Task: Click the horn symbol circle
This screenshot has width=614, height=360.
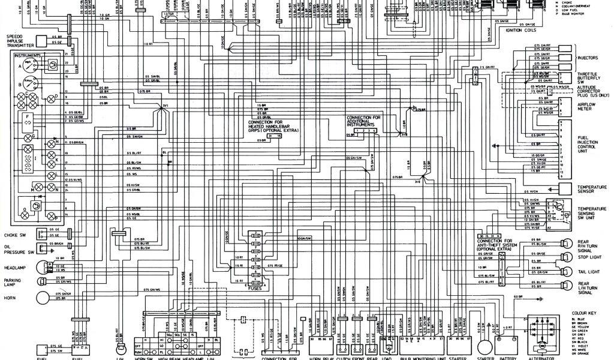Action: point(44,298)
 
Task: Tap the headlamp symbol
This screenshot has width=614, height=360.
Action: point(43,268)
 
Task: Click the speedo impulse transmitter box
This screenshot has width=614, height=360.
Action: point(42,41)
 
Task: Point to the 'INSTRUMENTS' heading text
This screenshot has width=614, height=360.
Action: point(28,55)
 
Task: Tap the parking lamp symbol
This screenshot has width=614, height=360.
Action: point(42,281)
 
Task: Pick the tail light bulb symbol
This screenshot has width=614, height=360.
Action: point(565,271)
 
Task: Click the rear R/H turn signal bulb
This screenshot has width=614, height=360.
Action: point(565,242)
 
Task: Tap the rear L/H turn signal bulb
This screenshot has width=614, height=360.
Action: point(565,286)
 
